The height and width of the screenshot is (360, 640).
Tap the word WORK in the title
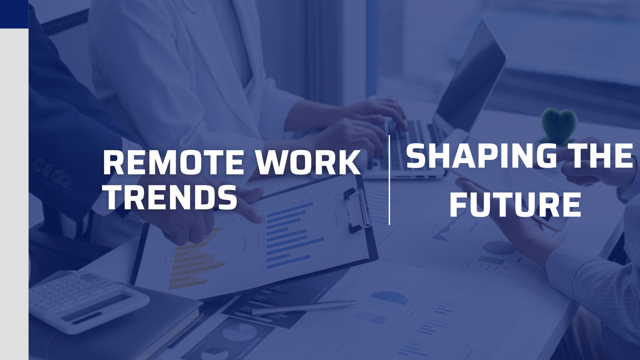tap(308, 162)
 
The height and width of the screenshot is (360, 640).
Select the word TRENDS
tap(170, 197)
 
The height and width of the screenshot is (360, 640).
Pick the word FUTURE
tap(515, 204)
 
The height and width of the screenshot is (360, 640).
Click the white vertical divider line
tap(389, 180)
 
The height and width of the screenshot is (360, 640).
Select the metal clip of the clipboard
tap(357, 210)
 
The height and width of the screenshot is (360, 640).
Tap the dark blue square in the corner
tap(14, 14)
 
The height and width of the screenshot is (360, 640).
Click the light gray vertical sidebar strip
tap(14, 192)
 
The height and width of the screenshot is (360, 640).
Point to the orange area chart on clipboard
tap(196, 260)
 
